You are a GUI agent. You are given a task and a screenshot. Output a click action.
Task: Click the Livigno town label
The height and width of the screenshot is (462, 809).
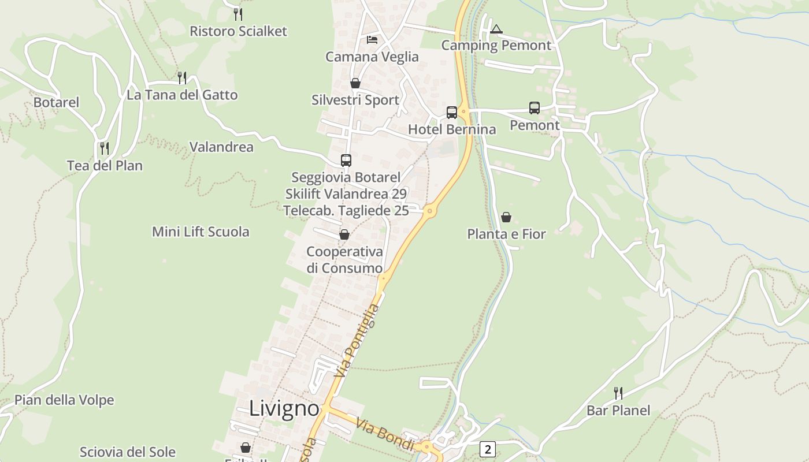coord(284,409)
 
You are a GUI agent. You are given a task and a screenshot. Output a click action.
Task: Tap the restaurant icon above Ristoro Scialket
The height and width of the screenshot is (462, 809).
coord(238,14)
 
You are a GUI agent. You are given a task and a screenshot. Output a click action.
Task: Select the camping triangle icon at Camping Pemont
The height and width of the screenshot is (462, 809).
coord(496,29)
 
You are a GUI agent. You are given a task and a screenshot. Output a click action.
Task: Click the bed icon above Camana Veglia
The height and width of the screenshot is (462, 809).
coord(372,40)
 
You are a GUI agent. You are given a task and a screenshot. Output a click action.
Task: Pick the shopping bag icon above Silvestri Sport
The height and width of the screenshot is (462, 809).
coord(355,83)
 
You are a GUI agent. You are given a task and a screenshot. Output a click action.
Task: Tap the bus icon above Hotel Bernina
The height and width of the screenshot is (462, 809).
coord(452,112)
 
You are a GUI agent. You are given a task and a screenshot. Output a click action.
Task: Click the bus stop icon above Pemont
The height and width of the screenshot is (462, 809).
coord(535,108)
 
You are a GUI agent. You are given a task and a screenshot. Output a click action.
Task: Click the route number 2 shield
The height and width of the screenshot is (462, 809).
coord(488,449)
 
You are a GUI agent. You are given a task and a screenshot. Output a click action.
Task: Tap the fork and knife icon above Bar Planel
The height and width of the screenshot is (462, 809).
coord(618,393)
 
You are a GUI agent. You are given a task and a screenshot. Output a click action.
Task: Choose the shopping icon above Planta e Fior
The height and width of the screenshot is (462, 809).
coord(506,217)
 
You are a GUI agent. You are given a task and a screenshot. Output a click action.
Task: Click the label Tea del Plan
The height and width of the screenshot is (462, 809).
coord(105,166)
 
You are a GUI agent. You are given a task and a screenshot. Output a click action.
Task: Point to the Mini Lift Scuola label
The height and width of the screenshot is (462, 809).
coord(201,232)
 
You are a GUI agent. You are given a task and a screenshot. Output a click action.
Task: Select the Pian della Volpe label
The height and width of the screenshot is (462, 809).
coord(64,400)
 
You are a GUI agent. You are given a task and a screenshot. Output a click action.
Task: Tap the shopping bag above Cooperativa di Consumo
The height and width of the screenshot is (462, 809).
coord(344,234)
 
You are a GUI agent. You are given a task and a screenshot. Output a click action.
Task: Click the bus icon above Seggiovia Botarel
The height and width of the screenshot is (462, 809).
coord(346,160)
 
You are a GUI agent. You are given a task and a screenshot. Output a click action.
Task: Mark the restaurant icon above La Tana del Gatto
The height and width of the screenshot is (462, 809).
coord(182,77)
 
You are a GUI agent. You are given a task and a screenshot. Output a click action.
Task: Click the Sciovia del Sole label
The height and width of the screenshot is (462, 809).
coord(128,452)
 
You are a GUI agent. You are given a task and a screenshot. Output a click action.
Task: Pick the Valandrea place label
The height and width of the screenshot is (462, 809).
coord(221,147)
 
